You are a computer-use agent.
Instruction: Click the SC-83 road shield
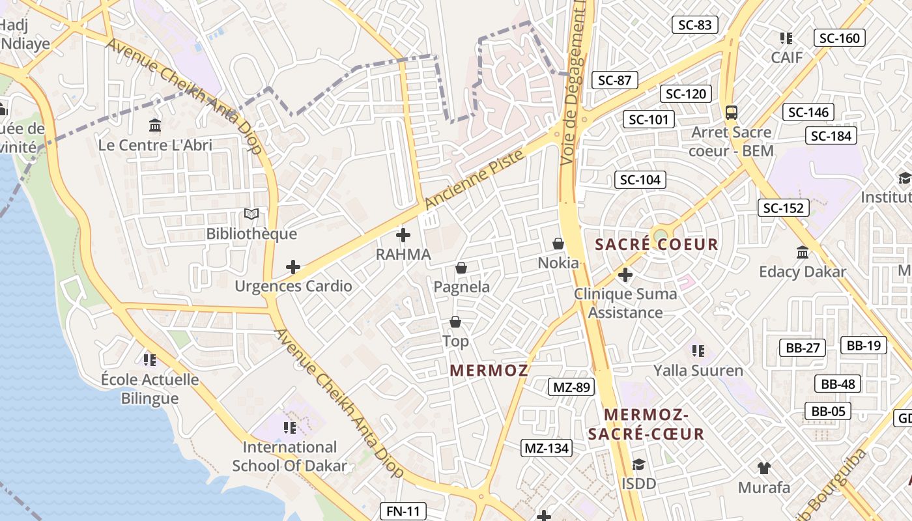coord(694,25)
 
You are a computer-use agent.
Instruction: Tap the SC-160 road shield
coord(840,38)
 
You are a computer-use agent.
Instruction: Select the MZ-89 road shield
coord(571,387)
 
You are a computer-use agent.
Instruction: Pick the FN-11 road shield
coord(403,511)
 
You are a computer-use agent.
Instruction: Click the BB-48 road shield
coord(838,384)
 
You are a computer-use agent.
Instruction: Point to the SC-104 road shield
coord(640,180)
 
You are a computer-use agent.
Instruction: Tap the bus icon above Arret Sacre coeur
coord(732,112)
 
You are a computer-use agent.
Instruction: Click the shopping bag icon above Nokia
coord(558,244)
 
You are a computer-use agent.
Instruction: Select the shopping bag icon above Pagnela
coord(461,268)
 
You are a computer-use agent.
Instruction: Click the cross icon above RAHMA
coord(403,235)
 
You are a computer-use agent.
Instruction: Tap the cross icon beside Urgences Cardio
coord(293,267)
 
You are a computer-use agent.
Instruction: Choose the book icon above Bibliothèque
coord(251,214)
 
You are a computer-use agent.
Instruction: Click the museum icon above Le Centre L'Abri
coord(155,125)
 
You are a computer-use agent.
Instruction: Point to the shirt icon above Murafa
coord(764,468)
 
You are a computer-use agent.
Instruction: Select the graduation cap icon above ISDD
coord(638,465)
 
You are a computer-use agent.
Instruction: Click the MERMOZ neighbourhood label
coord(489,371)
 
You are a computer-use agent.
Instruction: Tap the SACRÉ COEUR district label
coord(657,245)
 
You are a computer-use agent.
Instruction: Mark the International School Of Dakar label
coord(290,457)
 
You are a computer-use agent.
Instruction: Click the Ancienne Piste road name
coord(474,180)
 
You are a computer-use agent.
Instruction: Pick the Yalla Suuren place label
coord(698,371)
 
